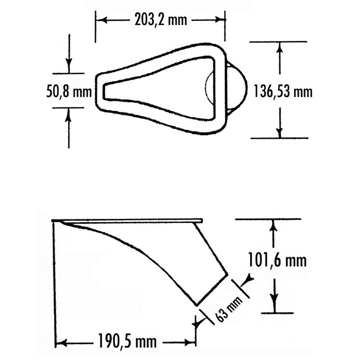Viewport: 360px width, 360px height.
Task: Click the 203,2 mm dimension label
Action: pyautogui.click(x=161, y=20)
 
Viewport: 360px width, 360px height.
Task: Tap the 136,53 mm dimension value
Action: pyautogui.click(x=283, y=92)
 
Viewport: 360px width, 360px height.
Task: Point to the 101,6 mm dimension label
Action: pyautogui.click(x=277, y=260)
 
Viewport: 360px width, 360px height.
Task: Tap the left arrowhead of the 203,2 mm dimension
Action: pyautogui.click(x=102, y=20)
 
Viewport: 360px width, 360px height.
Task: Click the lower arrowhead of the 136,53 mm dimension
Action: pyautogui.click(x=279, y=133)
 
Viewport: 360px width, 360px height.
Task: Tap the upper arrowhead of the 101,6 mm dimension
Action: pyautogui.click(x=274, y=225)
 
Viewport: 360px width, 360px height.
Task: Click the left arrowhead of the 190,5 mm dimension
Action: pyautogui.click(x=61, y=343)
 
